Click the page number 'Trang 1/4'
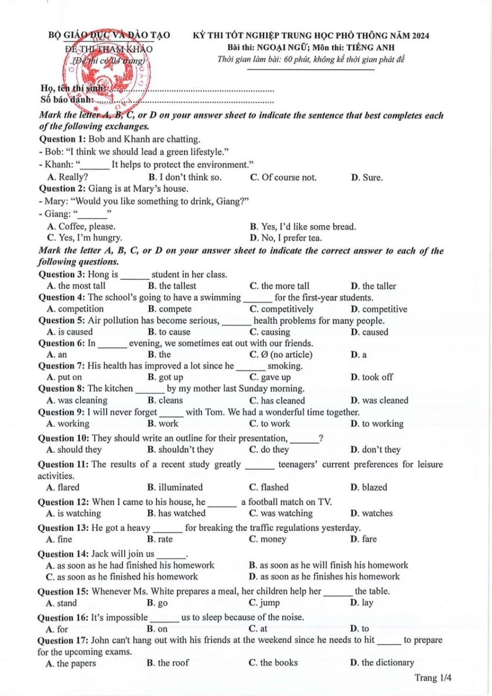pos(433,677)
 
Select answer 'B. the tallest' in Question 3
pos(172,286)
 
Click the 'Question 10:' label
pos(63,438)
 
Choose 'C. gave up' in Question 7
pos(270,377)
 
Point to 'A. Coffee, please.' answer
pos(81,227)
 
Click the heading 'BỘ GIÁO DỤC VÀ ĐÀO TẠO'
pos(109,35)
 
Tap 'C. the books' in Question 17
pos(273,662)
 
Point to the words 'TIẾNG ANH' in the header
pos(406,47)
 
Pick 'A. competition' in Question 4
pos(75,309)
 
